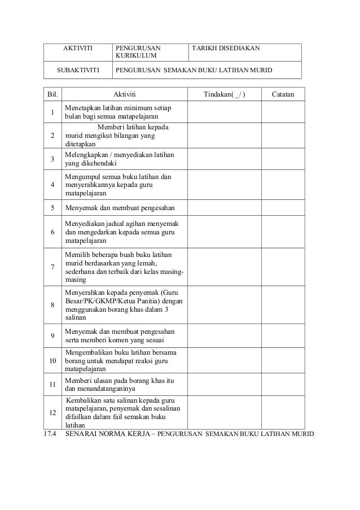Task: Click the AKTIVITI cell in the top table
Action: pyautogui.click(x=77, y=49)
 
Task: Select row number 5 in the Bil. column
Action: pyautogui.click(x=52, y=207)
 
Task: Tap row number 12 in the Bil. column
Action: pyautogui.click(x=52, y=413)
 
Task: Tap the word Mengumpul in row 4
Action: pyautogui.click(x=82, y=177)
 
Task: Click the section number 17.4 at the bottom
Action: pyautogui.click(x=50, y=434)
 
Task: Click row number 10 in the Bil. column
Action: pyautogui.click(x=52, y=360)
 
